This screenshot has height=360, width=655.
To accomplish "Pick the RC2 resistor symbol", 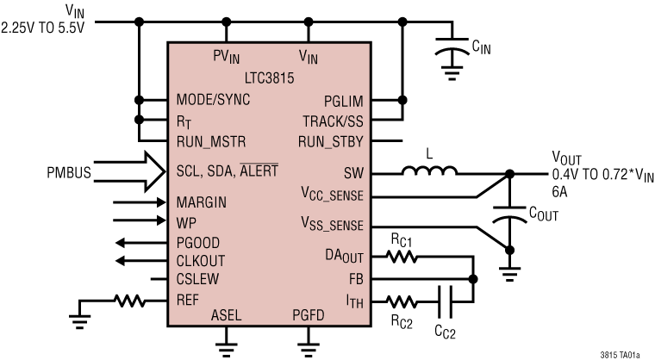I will tap(401, 302).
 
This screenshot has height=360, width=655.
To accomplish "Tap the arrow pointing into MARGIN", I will tap(128, 203).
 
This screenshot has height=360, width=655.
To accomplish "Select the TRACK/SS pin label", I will tap(333, 120).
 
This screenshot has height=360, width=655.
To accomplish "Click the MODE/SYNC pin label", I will tap(212, 100).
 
